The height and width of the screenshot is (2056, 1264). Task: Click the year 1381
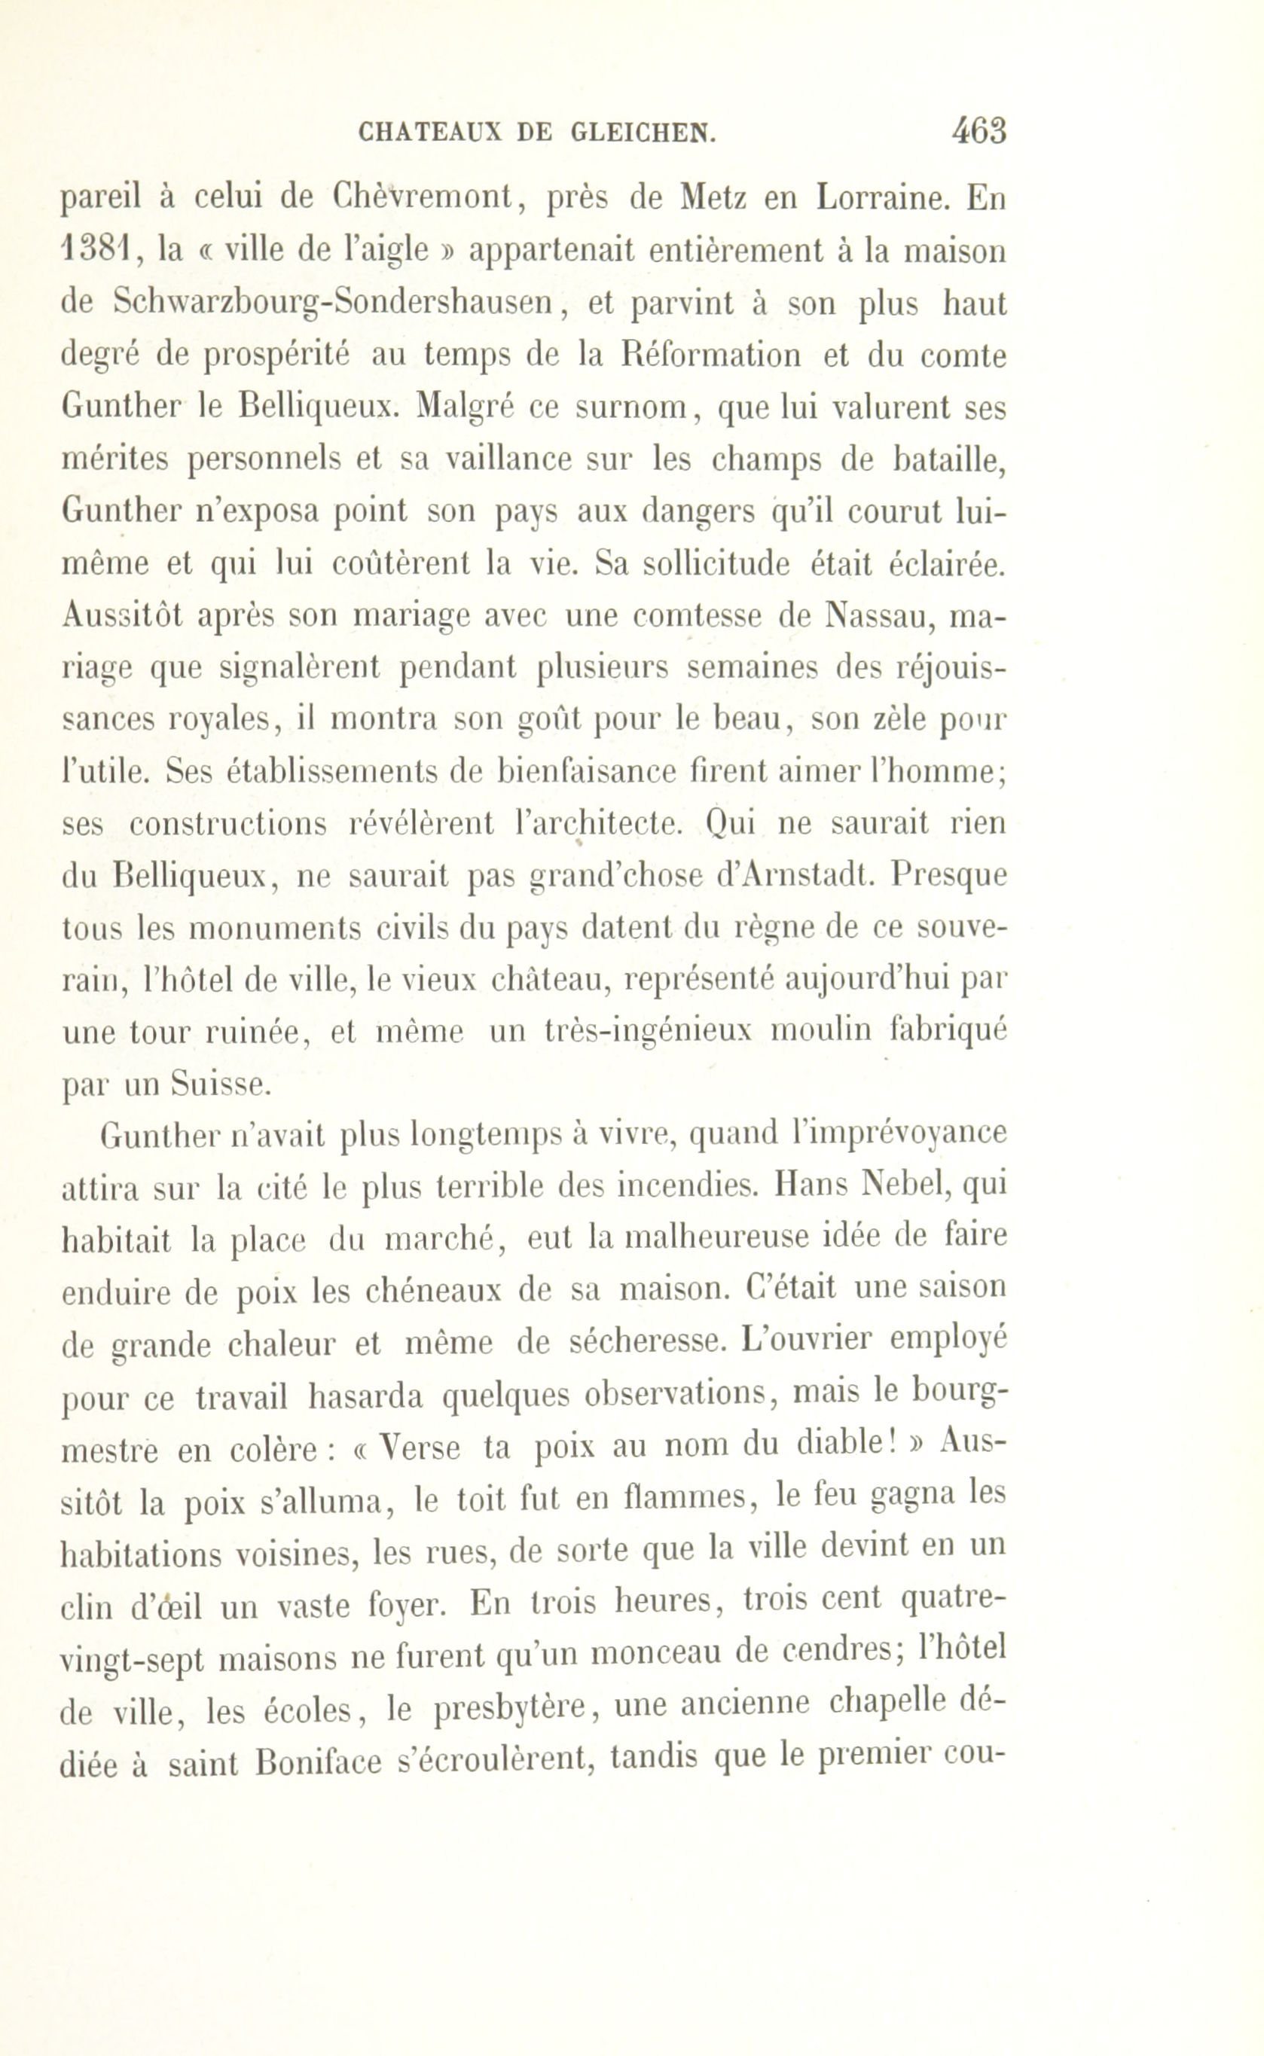(x=94, y=250)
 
